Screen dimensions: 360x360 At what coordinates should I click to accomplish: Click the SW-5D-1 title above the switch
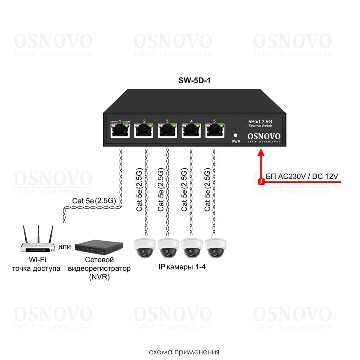194,80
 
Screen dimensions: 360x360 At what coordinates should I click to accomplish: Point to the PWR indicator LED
236,135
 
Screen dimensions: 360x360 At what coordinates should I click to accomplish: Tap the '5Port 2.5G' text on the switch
260,122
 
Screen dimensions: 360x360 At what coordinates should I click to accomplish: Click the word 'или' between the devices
64,246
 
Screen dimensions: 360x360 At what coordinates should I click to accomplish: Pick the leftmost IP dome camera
144,247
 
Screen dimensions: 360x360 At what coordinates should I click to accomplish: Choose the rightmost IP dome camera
216,247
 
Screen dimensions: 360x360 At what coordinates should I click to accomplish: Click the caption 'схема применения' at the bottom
184,352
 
